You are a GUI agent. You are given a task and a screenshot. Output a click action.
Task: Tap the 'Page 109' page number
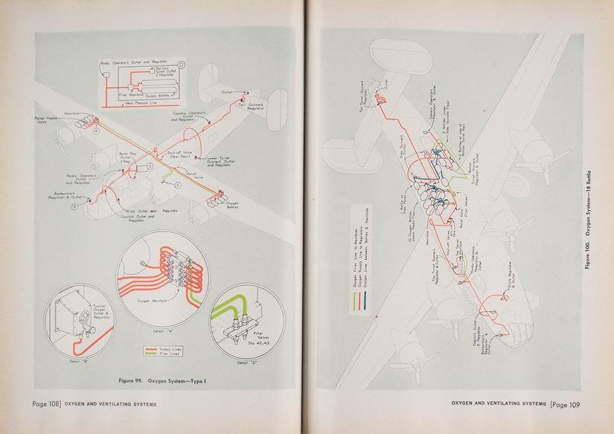[x=567, y=404]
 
